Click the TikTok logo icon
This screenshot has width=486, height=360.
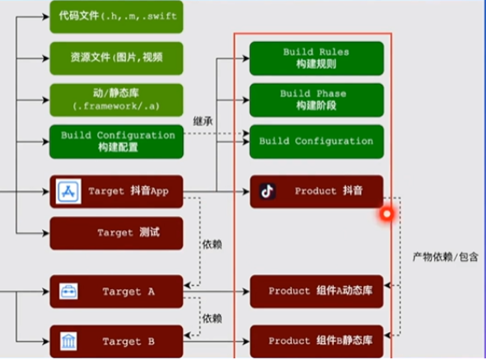tap(268, 191)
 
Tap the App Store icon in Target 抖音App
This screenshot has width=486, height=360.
tap(68, 191)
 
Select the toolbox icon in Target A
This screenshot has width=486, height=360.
tap(68, 292)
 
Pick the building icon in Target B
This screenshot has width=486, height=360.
tap(68, 341)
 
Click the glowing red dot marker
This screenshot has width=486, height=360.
tap(387, 214)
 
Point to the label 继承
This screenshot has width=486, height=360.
tap(203, 121)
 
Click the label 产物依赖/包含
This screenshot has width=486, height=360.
tap(446, 257)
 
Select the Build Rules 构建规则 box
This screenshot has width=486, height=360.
tap(316, 58)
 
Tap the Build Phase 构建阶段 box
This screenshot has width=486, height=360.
tap(316, 101)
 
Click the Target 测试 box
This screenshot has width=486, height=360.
tap(116, 233)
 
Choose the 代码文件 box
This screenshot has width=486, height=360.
tap(116, 16)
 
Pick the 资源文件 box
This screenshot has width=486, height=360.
tap(116, 58)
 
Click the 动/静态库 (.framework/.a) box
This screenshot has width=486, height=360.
tap(116, 100)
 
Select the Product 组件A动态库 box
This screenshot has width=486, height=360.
tap(316, 292)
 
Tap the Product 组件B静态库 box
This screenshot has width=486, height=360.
tap(316, 341)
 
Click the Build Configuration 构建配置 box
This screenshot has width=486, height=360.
tap(116, 142)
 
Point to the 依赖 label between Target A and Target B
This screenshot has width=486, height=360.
tap(212, 319)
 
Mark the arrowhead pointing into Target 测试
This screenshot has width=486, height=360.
tap(46, 233)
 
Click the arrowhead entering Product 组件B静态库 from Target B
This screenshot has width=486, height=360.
tap(246, 341)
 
